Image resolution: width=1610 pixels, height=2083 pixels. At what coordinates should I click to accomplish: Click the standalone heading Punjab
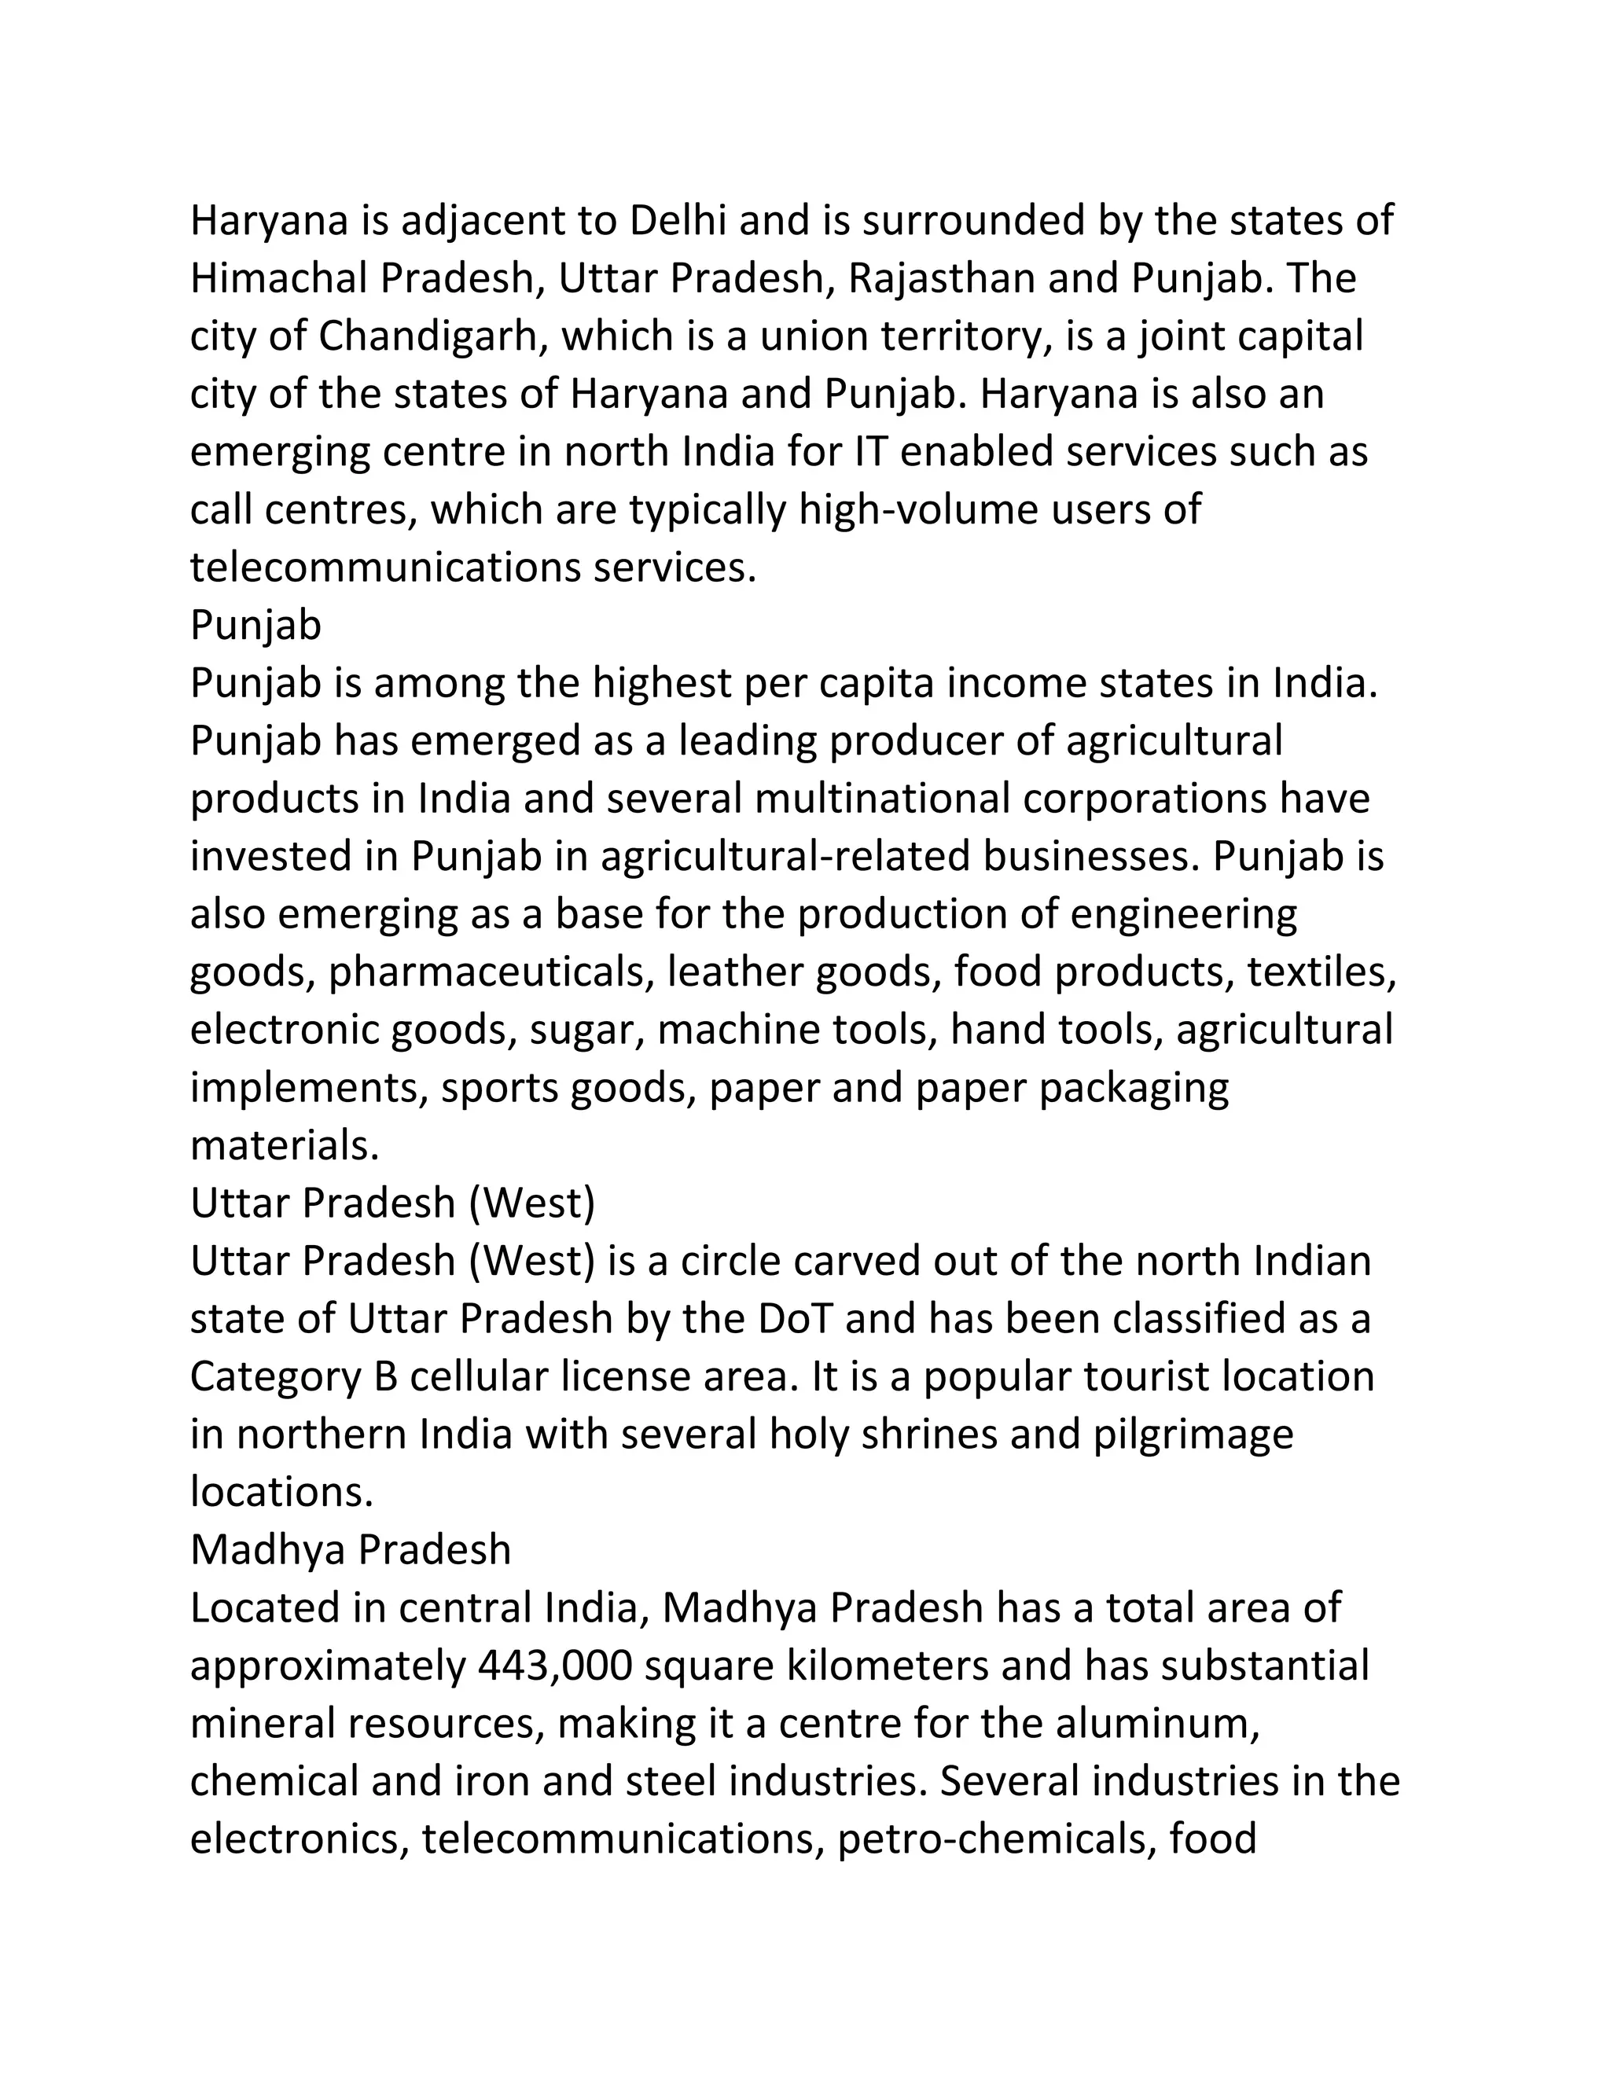[255, 626]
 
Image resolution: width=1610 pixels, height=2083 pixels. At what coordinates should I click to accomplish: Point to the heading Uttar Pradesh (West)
[392, 1203]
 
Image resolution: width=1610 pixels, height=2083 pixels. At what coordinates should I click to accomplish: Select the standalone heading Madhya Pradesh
[350, 1550]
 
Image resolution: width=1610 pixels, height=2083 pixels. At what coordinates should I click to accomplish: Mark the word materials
[285, 1146]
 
